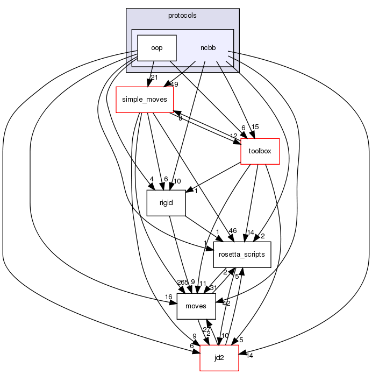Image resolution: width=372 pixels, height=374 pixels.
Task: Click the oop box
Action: click(x=157, y=48)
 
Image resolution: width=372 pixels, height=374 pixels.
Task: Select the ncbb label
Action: click(x=208, y=48)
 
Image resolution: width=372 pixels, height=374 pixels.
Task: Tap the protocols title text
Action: click(x=182, y=16)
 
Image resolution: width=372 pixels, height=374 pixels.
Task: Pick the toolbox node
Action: click(x=260, y=151)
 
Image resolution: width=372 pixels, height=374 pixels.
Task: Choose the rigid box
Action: click(x=166, y=203)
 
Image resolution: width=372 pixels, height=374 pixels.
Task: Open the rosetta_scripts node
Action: click(x=242, y=254)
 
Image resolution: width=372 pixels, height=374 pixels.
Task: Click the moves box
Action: click(x=196, y=306)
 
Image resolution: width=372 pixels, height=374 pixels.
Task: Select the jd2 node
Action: click(x=219, y=358)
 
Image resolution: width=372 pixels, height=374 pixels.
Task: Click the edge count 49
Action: click(x=174, y=84)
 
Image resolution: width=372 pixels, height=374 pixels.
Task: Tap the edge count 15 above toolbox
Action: click(x=255, y=127)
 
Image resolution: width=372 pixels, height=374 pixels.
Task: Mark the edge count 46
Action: click(x=232, y=230)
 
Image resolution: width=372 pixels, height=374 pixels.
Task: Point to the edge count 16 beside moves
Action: click(x=169, y=297)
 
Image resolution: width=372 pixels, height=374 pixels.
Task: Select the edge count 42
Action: click(x=226, y=303)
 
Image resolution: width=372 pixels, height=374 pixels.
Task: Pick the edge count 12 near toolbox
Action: click(x=234, y=136)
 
